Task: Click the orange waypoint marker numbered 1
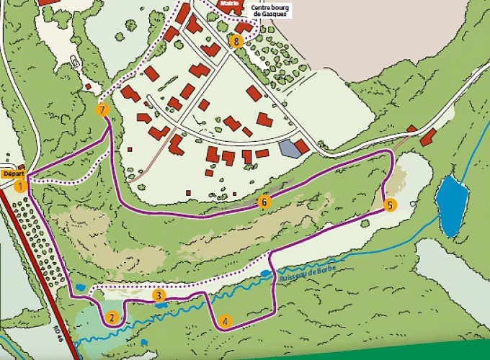[20, 186]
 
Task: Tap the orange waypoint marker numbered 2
[112, 318]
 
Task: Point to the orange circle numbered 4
[226, 322]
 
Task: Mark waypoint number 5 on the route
[390, 205]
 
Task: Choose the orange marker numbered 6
[264, 202]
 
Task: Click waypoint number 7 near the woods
[102, 110]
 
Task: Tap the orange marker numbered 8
[236, 41]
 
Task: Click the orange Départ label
[13, 174]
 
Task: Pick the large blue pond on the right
[452, 204]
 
